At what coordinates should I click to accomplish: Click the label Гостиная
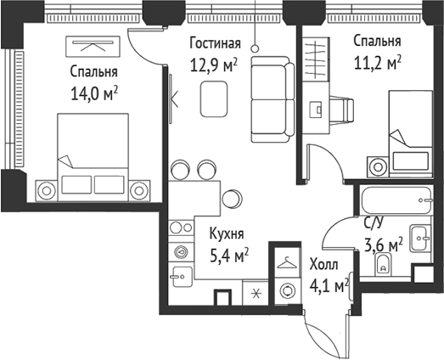pos(214,44)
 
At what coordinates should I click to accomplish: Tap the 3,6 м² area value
pos(383,247)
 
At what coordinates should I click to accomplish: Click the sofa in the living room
pos(273,98)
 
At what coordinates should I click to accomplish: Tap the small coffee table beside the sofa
pos(213,101)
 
